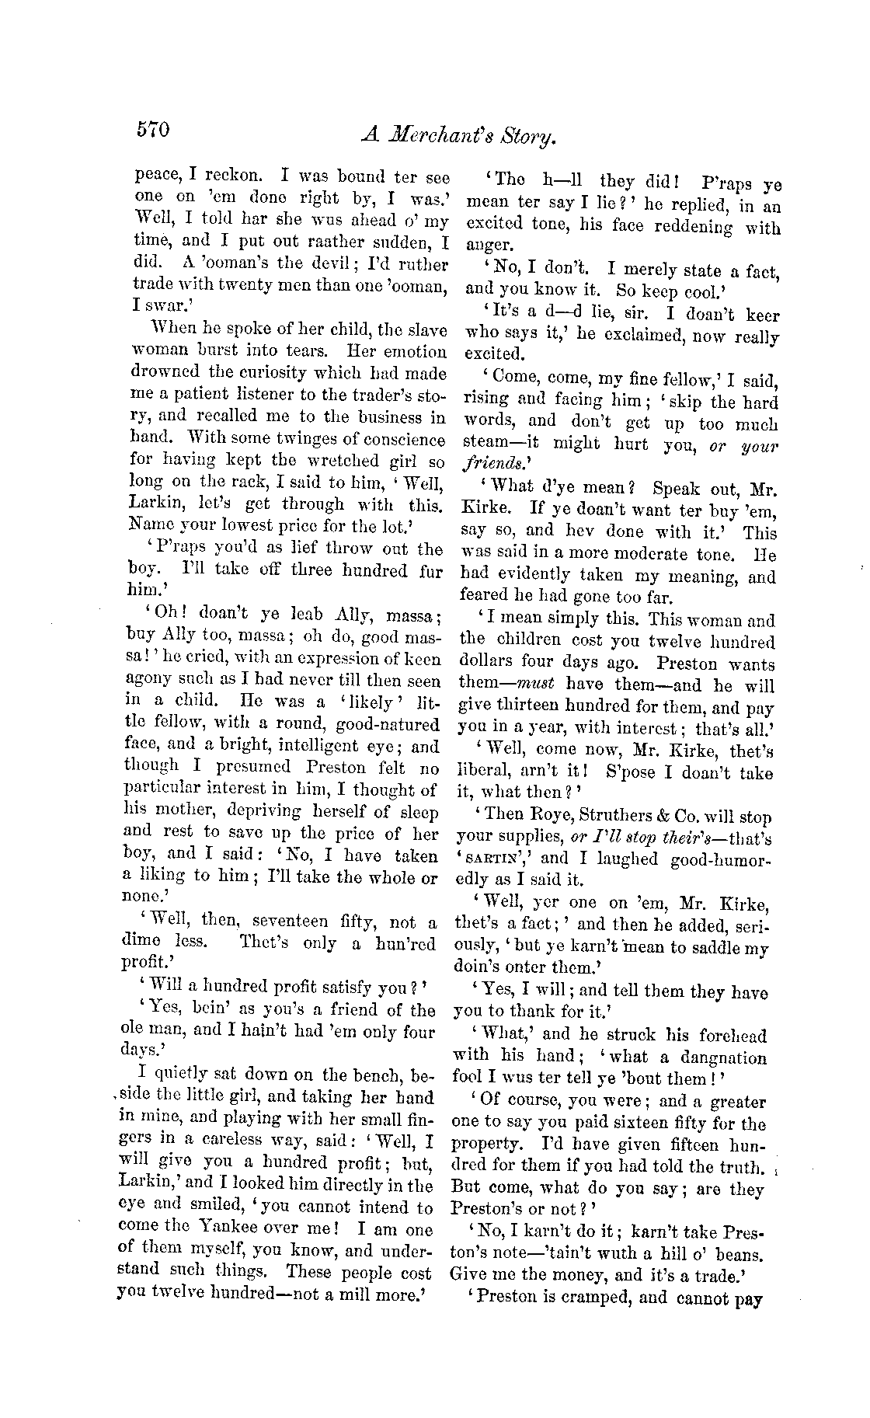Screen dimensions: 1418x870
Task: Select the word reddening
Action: [x=677, y=227]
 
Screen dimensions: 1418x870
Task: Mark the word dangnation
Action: [x=723, y=1057]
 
